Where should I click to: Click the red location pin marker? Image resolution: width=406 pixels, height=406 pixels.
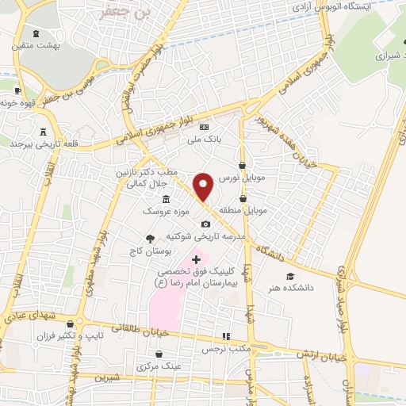coord(204,186)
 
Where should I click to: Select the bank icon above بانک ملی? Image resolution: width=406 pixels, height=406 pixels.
coord(204,128)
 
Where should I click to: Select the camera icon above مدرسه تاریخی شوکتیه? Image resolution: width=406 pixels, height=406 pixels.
coord(205,224)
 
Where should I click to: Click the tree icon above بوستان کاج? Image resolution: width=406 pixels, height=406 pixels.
coord(150,238)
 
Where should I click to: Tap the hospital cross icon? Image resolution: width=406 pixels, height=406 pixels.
coord(197,259)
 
